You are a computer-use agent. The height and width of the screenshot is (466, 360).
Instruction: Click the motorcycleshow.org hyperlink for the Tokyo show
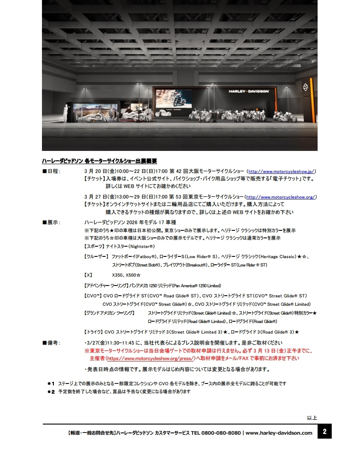[280, 197]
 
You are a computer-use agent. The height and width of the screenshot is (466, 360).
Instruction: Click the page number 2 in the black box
[325, 432]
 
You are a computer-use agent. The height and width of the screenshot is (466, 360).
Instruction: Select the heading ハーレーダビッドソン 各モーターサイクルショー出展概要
[99, 161]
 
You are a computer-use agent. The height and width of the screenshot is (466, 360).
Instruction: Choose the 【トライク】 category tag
[93, 331]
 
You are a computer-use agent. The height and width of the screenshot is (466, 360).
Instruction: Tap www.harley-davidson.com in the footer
[279, 433]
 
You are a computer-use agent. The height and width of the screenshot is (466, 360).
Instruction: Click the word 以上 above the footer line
[312, 417]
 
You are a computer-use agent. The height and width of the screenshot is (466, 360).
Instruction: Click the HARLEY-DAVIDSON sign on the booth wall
[249, 91]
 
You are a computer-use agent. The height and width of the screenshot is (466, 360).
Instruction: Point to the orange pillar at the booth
[312, 100]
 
